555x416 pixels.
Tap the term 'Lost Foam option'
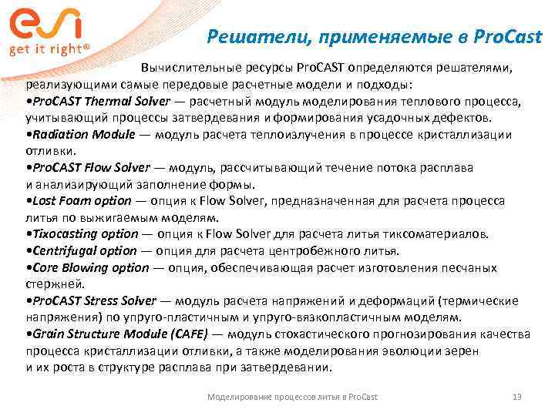82,200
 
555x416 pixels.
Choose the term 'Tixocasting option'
86,234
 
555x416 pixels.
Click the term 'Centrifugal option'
84,250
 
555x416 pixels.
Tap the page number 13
517,396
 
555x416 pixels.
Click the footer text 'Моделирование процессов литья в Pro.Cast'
293,396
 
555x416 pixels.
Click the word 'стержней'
51,283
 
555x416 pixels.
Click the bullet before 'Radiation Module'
28,134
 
